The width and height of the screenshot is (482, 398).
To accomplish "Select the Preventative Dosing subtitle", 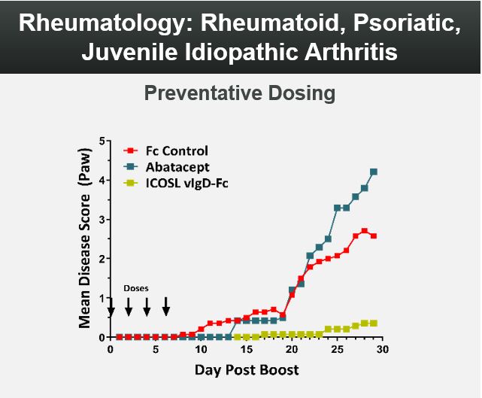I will pos(239,94).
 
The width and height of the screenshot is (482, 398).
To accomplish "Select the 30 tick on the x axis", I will pos(382,350).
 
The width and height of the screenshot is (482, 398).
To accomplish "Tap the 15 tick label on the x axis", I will pos(246,350).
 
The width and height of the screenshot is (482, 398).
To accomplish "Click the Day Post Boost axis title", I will pos(247,370).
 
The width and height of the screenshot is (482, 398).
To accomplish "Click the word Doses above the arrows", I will pos(137,288).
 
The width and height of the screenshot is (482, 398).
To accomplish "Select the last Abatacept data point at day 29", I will pos(374,172).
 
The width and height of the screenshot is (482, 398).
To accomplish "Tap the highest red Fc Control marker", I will pos(364,231).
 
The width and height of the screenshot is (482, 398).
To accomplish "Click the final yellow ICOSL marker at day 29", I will pos(374,323).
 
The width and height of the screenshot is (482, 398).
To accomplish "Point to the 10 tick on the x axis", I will pos(201,350).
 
